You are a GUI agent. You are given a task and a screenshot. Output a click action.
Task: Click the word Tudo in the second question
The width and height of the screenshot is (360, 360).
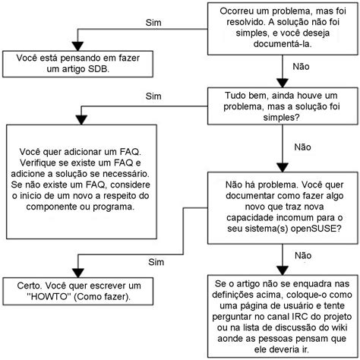pyautogui.click(x=238, y=97)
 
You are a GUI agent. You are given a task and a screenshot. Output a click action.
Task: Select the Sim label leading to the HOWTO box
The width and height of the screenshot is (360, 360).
pyautogui.click(x=156, y=261)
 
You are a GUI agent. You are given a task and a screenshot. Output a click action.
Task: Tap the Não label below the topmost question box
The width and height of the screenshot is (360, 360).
pyautogui.click(x=302, y=67)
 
